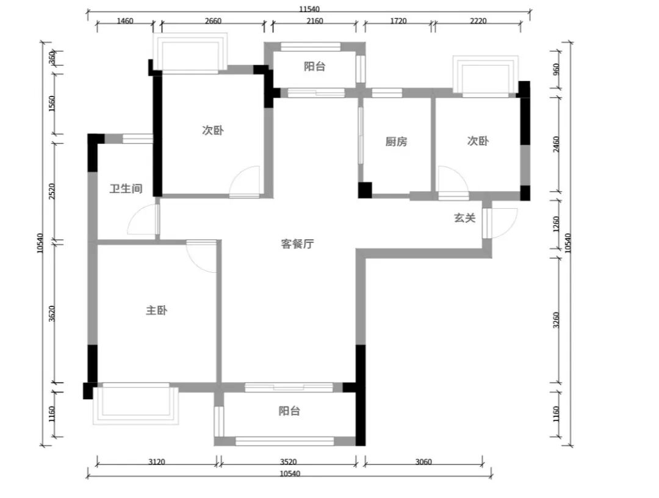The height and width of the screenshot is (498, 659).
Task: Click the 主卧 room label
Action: click(156, 311)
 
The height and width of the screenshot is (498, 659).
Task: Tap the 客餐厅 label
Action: click(297, 244)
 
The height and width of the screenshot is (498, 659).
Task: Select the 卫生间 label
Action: click(126, 189)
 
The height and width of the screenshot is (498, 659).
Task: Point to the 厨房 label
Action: click(397, 142)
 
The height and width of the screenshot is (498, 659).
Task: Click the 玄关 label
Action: click(465, 218)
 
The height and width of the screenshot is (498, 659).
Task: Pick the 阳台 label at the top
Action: click(315, 67)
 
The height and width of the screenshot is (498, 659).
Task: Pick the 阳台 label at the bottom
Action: click(290, 411)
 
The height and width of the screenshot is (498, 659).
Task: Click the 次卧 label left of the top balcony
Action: click(213, 130)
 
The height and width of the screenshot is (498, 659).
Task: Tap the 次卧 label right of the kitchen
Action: click(478, 141)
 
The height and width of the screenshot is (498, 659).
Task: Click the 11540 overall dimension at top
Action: click(309, 9)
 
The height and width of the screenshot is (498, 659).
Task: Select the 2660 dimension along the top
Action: click(213, 21)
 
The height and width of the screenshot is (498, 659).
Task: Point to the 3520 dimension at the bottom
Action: click(288, 462)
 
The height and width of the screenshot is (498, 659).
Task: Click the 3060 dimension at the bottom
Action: click(423, 462)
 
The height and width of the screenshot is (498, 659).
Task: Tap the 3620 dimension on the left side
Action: click(52, 314)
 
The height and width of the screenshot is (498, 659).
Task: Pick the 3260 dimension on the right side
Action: click(556, 320)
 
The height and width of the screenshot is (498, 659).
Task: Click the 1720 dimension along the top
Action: click(398, 21)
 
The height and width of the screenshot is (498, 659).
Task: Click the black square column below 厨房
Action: click(365, 190)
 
